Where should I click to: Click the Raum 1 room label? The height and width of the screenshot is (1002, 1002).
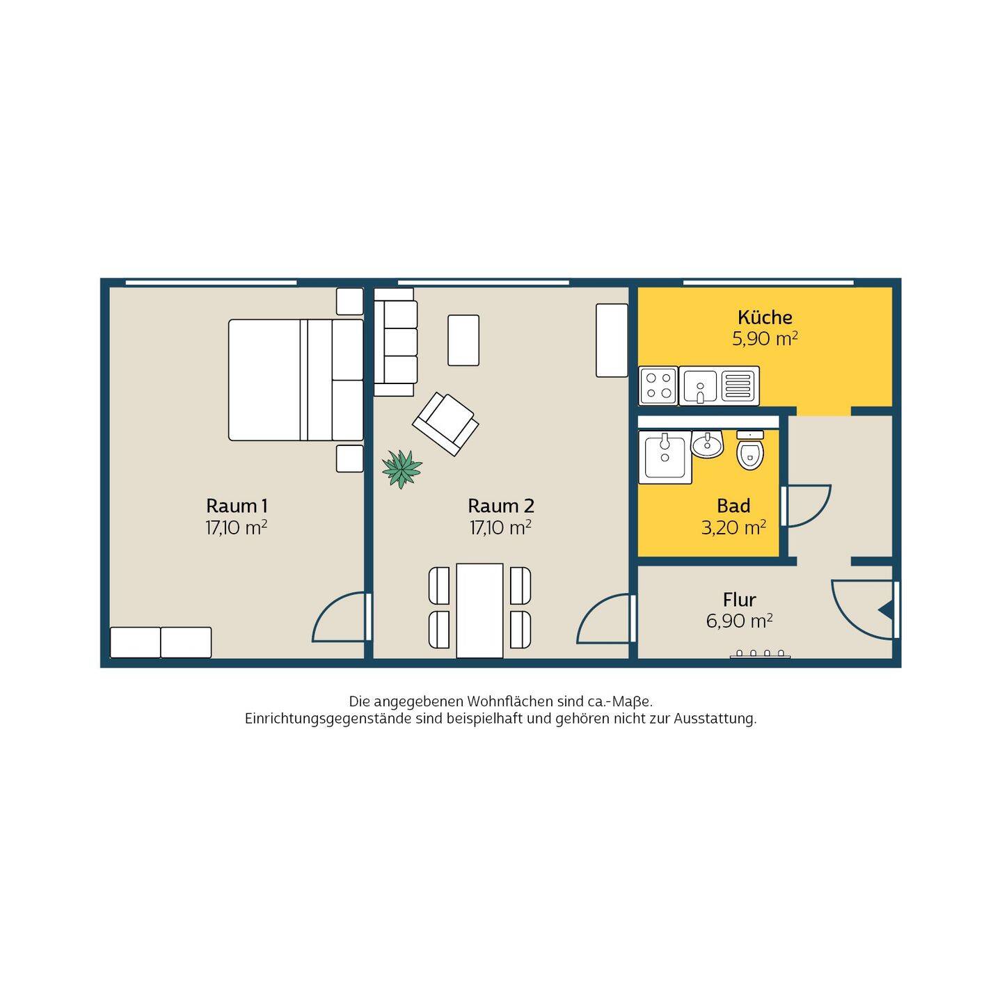[x=237, y=505]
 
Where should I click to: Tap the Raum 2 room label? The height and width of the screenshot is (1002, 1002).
[x=501, y=505]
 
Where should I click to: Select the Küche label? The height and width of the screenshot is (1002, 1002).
[x=765, y=317]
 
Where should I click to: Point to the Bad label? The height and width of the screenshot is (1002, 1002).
[x=733, y=505]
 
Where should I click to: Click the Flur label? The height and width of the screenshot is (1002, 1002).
[x=739, y=600]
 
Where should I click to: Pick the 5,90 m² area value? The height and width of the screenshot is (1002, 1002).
[x=765, y=339]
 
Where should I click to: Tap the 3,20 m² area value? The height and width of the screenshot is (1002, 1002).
[x=733, y=527]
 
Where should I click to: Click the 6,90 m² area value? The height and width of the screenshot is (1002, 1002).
[x=739, y=621]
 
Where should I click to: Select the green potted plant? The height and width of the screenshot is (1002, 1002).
[x=401, y=468]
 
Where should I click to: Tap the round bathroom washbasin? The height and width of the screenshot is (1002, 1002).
[x=707, y=445]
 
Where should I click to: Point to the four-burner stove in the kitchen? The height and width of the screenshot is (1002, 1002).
[x=659, y=385]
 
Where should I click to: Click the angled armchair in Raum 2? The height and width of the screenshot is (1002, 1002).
[x=445, y=425]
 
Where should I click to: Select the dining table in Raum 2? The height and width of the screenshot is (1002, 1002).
[x=479, y=610]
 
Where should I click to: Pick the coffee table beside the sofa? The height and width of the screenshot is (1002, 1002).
[x=463, y=340]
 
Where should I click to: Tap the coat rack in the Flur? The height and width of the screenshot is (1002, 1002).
[x=761, y=654]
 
